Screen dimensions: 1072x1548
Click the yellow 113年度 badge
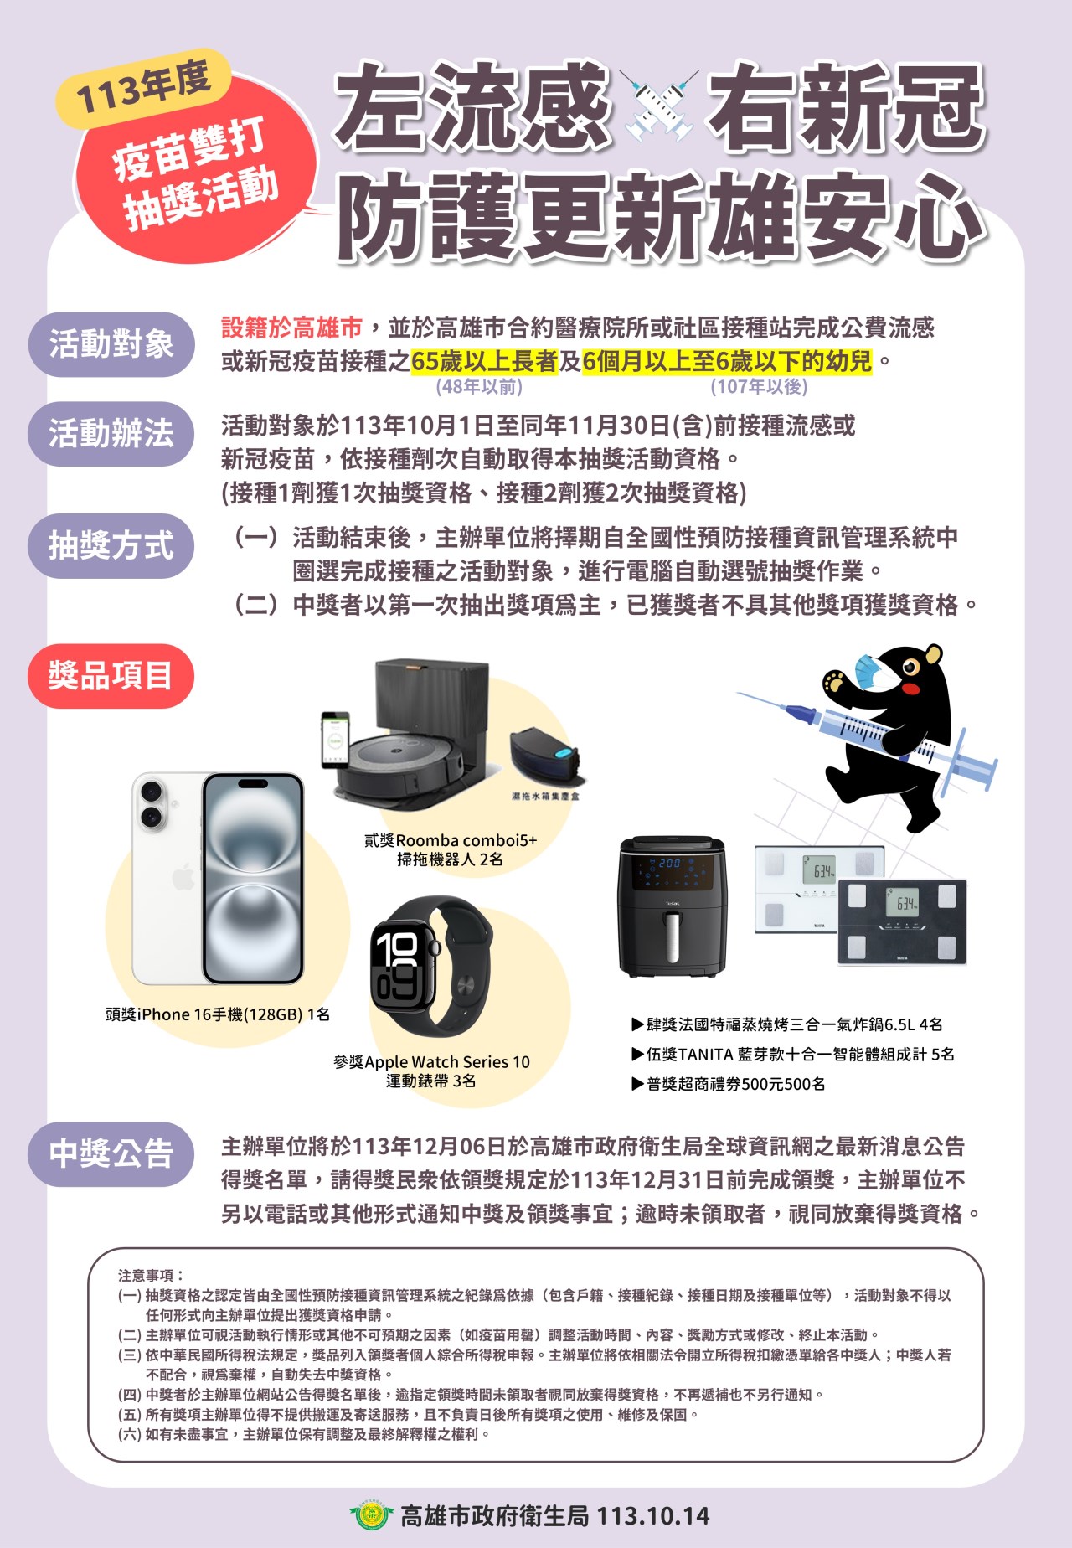tap(142, 88)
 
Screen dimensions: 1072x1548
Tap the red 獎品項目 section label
tap(111, 675)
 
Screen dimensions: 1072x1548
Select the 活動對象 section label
tap(111, 344)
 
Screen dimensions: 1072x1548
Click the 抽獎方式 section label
tap(111, 546)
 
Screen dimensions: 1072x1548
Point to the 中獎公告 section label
tap(111, 1154)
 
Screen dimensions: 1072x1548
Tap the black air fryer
tap(672, 906)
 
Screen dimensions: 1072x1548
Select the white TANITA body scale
tap(808, 888)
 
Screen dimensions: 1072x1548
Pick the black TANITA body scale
tap(903, 921)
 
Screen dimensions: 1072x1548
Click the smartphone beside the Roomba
tap(335, 740)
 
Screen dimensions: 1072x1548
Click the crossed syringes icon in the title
tap(660, 106)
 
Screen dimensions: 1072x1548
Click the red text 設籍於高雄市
tap(291, 328)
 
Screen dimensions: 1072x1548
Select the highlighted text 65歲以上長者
tap(485, 361)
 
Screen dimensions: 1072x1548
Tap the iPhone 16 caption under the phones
tap(218, 1014)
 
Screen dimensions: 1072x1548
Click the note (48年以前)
tap(479, 386)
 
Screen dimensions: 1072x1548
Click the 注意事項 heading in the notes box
tap(150, 1276)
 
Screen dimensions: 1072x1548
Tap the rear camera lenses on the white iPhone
tap(152, 804)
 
